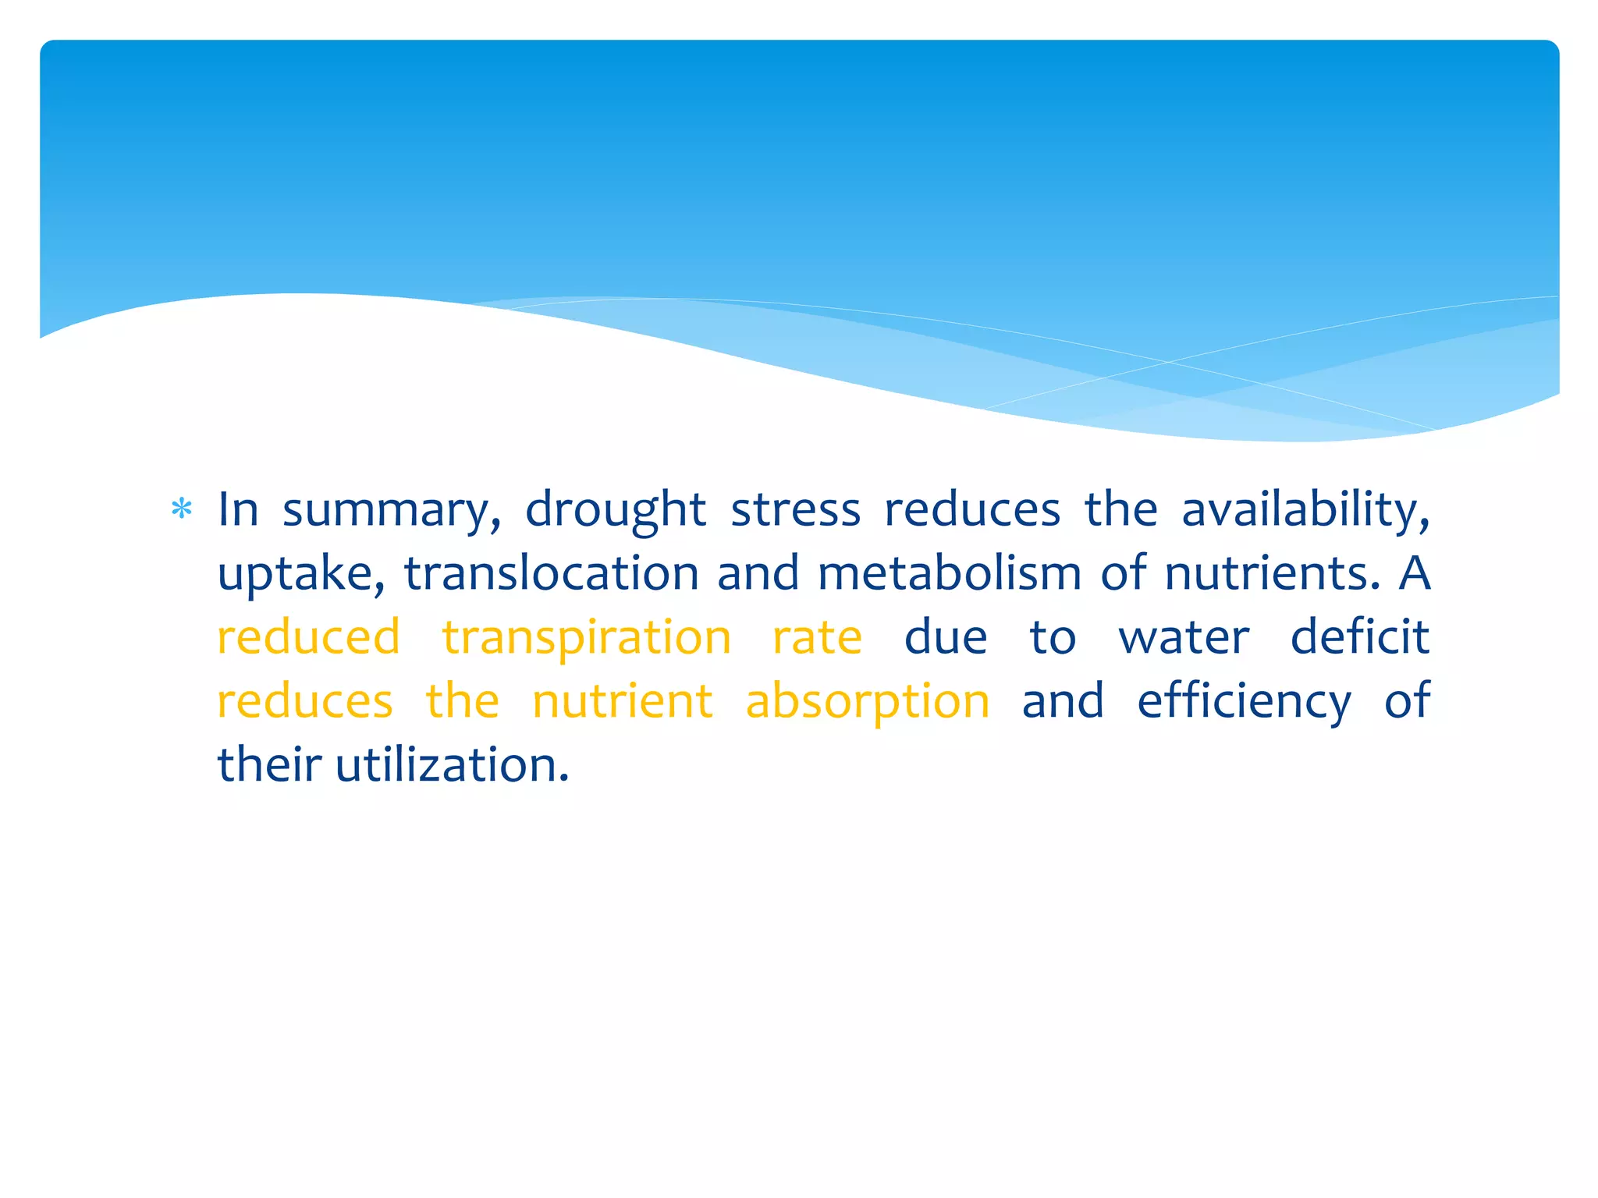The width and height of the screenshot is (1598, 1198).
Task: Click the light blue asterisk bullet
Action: (x=181, y=509)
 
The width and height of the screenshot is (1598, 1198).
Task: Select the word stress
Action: (x=795, y=511)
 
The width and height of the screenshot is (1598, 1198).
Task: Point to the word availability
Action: (x=1305, y=511)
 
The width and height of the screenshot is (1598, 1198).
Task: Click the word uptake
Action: (x=301, y=575)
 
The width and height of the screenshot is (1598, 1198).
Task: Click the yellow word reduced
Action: (x=308, y=637)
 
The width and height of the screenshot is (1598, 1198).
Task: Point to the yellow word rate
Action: (x=817, y=637)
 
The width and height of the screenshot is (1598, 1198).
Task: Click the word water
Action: (x=1184, y=637)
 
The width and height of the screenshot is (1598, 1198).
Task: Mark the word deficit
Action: (x=1359, y=637)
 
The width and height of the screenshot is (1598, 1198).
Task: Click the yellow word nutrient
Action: (x=622, y=701)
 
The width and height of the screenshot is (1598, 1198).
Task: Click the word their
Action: (x=268, y=765)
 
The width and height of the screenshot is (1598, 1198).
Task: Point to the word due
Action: (x=946, y=637)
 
